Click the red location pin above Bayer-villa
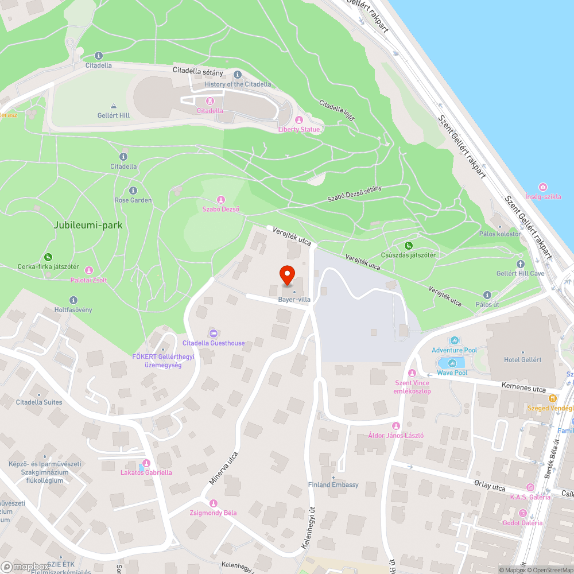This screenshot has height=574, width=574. pos(287,274)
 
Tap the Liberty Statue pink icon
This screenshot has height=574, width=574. pos(298,120)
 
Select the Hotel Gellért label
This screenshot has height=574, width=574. pos(522,359)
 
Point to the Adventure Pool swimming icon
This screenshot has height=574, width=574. pos(455,341)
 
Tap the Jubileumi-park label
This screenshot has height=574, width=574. pos(88,226)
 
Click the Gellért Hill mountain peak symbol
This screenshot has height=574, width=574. pos(113,106)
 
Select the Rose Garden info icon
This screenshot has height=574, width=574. pos(133,191)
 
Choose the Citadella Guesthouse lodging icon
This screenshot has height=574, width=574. pos(214,333)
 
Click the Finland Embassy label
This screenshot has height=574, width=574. pos(333,484)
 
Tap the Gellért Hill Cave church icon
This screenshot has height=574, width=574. pos(521,264)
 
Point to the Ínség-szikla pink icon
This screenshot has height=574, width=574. pos(543,187)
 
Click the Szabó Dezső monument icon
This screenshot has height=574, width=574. pos(221,199)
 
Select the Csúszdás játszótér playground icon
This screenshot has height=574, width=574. pos(408,246)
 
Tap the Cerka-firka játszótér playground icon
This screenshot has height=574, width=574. pos(48,257)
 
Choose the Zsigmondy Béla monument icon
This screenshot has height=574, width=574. pos(214,503)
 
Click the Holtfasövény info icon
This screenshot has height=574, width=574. pos(73,300)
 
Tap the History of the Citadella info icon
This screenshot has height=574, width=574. pos(238,75)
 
